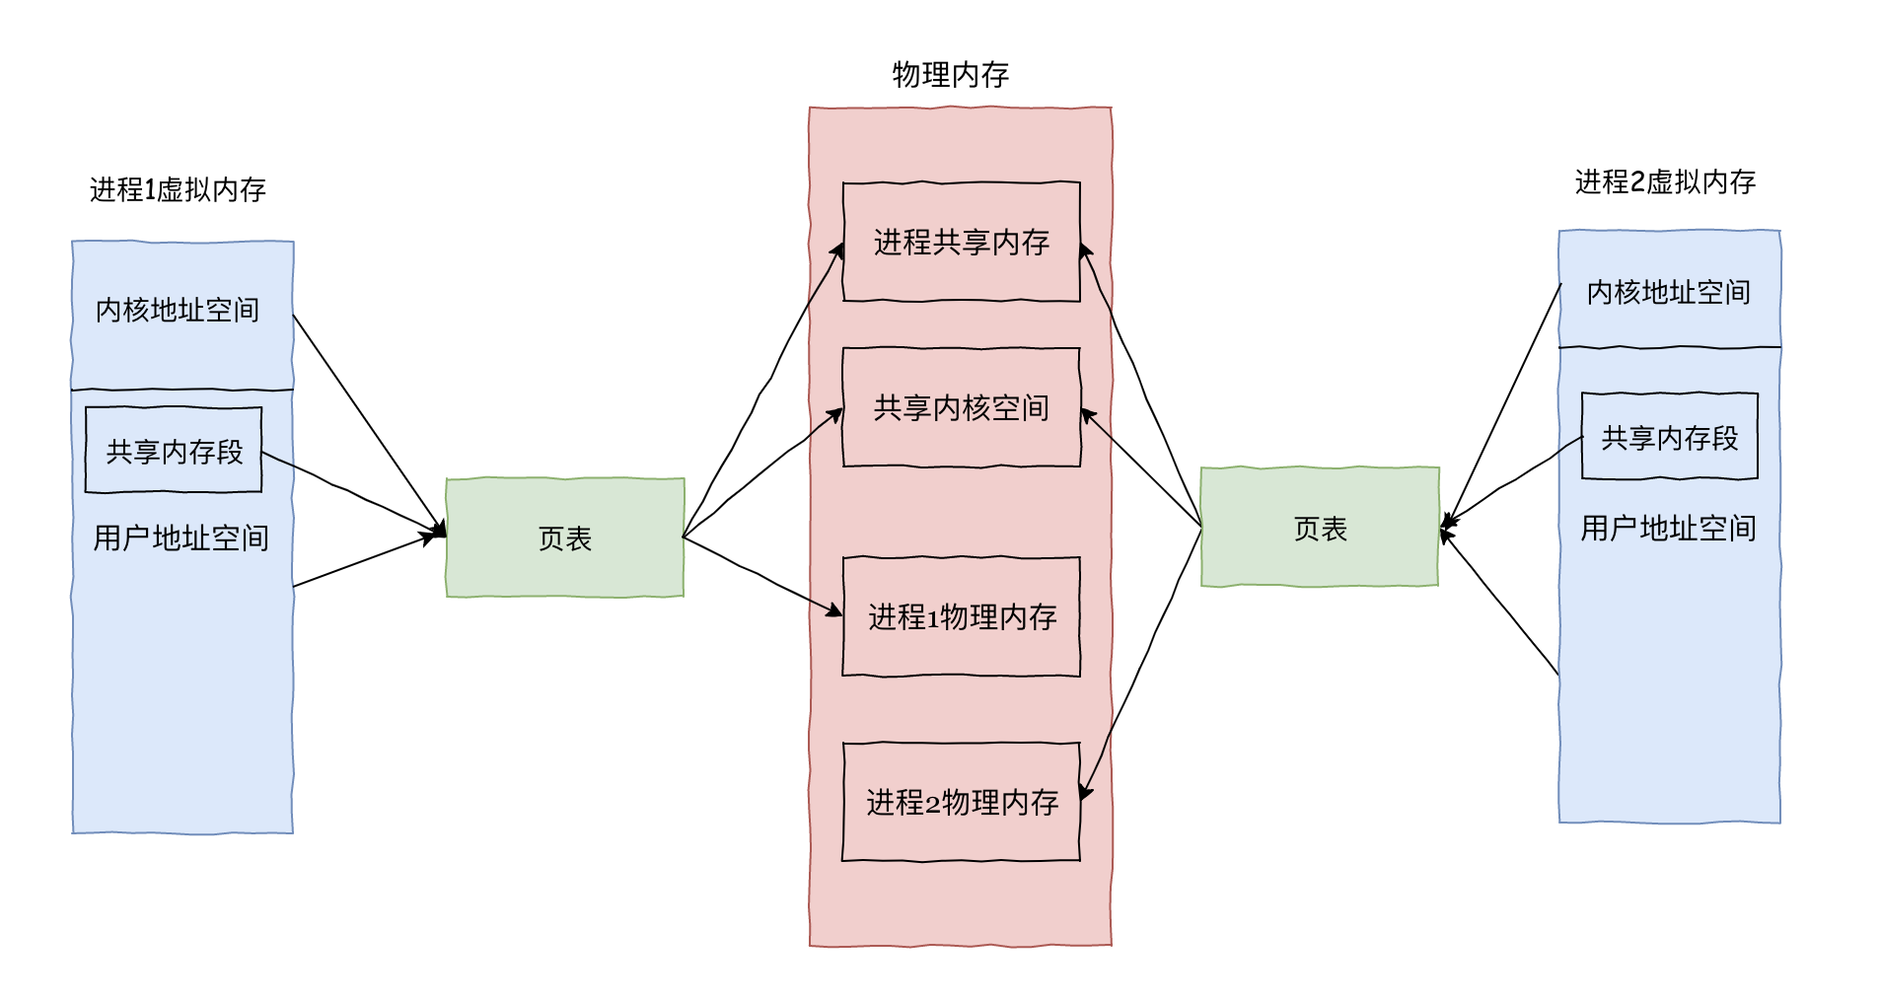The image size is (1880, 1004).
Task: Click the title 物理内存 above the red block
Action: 950,75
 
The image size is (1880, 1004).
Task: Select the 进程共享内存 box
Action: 961,242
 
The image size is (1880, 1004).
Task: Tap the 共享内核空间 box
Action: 961,407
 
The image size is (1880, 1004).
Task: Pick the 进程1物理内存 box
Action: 961,616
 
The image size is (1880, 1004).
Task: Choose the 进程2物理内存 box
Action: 961,802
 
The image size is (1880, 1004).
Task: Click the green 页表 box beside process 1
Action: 564,538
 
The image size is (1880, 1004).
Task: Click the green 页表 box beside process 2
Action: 1319,528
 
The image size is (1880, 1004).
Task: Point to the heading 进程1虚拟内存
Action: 178,189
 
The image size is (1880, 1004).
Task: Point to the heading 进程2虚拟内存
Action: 1665,181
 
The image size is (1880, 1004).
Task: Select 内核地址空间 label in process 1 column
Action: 178,310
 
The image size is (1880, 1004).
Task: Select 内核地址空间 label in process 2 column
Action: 1668,292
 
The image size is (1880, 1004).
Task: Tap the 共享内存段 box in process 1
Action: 174,451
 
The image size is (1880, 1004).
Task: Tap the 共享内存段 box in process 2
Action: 1669,437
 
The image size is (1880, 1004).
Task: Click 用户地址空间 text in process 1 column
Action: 181,538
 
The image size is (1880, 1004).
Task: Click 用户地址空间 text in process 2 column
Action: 1668,528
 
